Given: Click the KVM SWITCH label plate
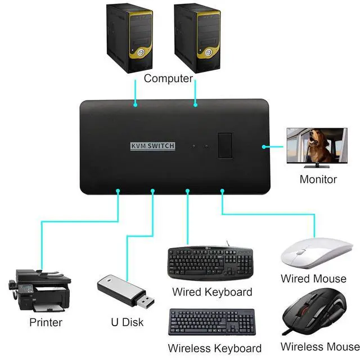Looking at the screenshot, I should click(152, 146).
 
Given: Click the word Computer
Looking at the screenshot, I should click(168, 78).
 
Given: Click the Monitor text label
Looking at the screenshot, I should click(318, 179).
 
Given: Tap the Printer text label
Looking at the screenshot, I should click(46, 322).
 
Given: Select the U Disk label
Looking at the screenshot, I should click(127, 322).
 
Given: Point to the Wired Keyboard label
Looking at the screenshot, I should click(212, 292).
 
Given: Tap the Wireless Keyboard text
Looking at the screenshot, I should click(214, 348).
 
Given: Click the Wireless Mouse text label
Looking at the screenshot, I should click(319, 346).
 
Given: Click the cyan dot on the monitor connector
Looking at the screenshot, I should click(263, 146).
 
